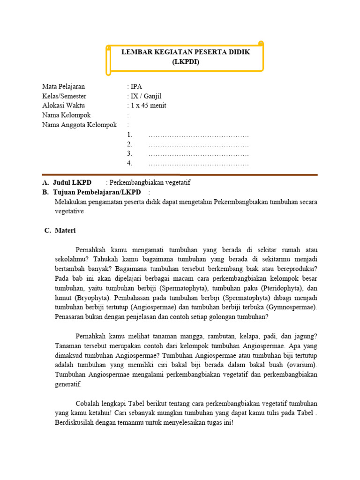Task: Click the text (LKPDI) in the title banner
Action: pos(186,61)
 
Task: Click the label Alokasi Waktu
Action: pos(63,105)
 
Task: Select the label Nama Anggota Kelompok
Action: pos(79,125)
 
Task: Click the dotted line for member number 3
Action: pos(198,154)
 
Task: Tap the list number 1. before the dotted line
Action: pos(130,135)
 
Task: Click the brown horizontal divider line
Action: pos(180,175)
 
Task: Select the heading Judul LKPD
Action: pos(72,182)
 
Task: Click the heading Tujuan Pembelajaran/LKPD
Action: pos(97,192)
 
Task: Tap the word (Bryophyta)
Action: pos(92,298)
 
